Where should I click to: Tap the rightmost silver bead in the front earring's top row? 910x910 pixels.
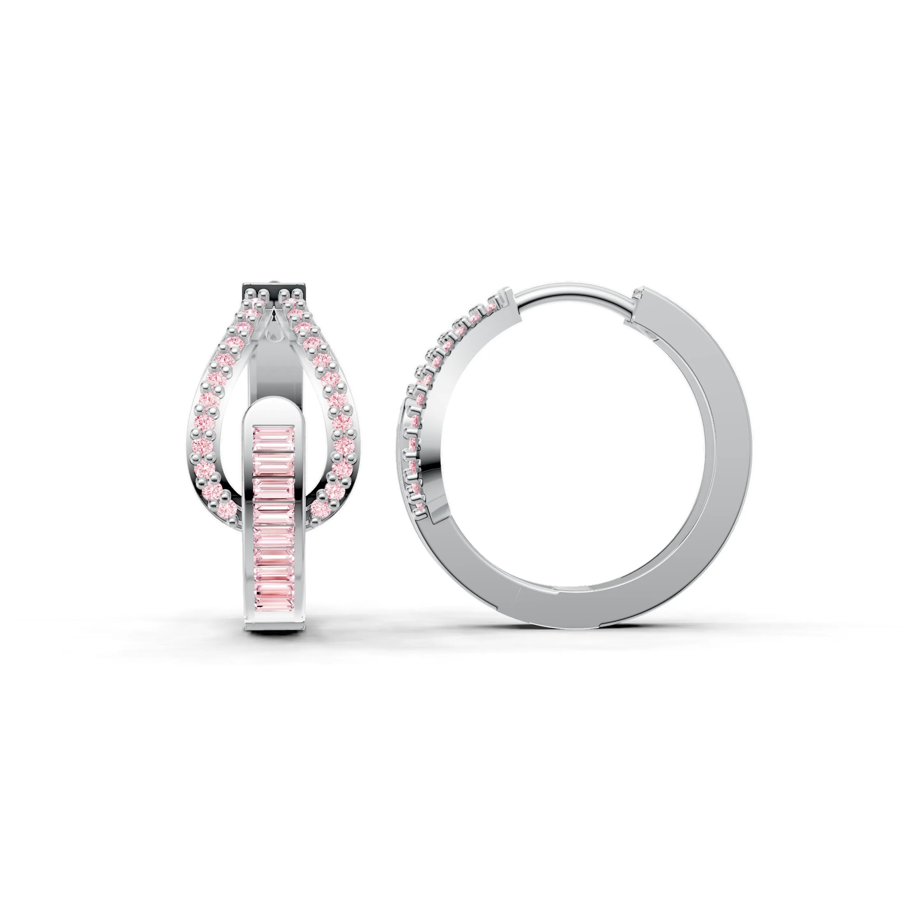pyautogui.click(x=298, y=293)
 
